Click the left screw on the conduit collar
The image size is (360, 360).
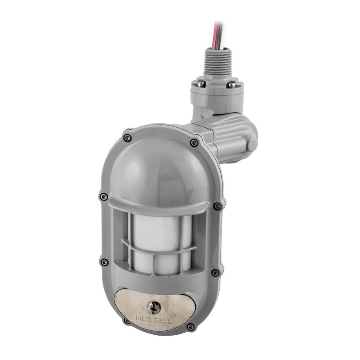tap(201, 84)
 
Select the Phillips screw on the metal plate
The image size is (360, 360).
tap(154, 308)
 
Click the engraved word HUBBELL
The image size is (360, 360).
tap(154, 320)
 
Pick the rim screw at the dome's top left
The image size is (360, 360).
tap(127, 138)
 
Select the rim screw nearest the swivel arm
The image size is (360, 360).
tap(194, 143)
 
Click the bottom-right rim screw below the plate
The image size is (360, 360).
tap(190, 326)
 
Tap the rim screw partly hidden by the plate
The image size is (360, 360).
tap(127, 320)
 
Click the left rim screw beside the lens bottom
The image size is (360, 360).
tap(104, 262)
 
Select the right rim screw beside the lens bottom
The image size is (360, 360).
tap(215, 272)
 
